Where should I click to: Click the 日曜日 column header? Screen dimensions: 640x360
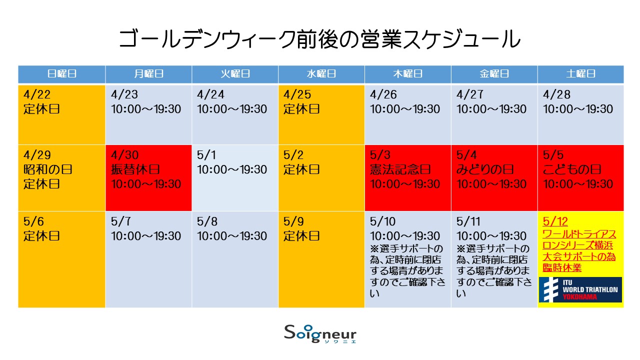click(61, 74)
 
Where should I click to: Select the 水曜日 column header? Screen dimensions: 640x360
click(321, 74)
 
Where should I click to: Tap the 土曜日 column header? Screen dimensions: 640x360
click(580, 74)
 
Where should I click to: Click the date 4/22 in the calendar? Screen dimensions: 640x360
click(37, 94)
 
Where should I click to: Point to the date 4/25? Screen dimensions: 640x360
click(297, 94)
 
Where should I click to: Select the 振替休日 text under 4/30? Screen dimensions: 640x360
click(135, 169)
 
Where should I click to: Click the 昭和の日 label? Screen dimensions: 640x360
click(47, 169)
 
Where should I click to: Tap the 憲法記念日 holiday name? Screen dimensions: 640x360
click(400, 169)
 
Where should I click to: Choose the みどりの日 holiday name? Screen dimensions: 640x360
click(485, 169)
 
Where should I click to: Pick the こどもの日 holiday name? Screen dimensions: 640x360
click(572, 169)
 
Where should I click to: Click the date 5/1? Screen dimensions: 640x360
click(206, 155)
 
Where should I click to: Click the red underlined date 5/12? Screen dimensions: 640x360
click(555, 221)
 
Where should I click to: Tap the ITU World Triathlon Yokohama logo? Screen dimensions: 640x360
click(580, 289)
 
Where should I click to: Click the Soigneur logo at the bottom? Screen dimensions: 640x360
click(320, 333)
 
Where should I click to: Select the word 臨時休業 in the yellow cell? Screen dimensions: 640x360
click(562, 267)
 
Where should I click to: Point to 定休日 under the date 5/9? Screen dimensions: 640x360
click(301, 236)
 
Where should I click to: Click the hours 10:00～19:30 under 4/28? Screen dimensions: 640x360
click(577, 109)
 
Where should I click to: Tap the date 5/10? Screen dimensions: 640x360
click(383, 221)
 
